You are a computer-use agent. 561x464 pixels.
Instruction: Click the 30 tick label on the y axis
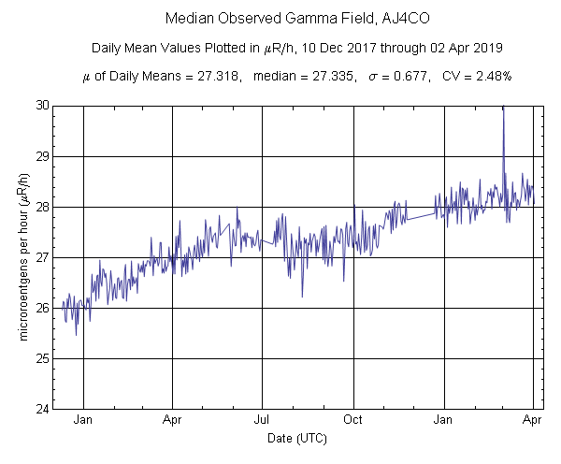point(43,105)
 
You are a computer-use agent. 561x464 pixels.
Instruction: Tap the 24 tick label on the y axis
point(43,409)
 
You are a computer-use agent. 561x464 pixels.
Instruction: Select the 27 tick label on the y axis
point(43,257)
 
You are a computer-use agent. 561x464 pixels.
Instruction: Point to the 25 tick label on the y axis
point(43,358)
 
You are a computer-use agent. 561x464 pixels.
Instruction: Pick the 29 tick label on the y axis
point(43,155)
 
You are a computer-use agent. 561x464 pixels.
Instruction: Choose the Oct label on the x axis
point(352,420)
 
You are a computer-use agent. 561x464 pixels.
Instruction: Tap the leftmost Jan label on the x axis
point(83,420)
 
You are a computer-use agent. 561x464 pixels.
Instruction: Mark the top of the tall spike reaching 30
point(503,108)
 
